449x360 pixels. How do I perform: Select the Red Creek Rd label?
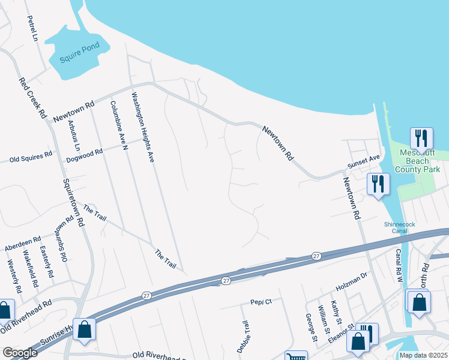(x=32, y=97)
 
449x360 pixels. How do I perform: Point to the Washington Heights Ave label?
(x=143, y=128)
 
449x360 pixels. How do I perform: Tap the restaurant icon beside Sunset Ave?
(x=378, y=183)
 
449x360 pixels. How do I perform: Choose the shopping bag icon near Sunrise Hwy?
(x=84, y=329)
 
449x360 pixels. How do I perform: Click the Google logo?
(x=20, y=353)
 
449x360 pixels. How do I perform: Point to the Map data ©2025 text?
(x=423, y=355)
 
